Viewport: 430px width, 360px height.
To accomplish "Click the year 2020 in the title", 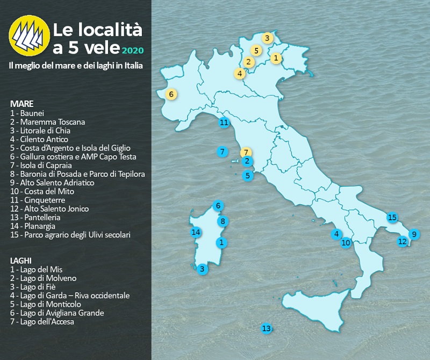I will click(132, 50).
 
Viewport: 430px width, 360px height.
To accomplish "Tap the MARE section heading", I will click(21, 103).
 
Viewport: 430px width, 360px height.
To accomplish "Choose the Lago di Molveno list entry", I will click(43, 278).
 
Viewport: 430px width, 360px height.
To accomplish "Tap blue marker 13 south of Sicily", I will click(266, 328).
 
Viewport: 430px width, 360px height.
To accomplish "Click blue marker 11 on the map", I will click(225, 123).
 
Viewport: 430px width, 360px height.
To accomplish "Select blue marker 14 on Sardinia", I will click(196, 232).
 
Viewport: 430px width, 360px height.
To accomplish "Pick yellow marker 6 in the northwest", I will click(171, 95).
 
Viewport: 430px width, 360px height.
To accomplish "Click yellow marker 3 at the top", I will click(267, 38).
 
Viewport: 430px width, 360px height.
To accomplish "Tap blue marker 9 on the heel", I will click(413, 234).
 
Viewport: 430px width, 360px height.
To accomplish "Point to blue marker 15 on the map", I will click(392, 218).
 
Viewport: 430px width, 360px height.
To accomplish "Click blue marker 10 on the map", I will click(346, 243).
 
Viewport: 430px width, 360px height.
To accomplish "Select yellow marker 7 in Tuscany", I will click(246, 153).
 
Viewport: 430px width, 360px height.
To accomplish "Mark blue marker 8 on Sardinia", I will click(222, 221).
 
